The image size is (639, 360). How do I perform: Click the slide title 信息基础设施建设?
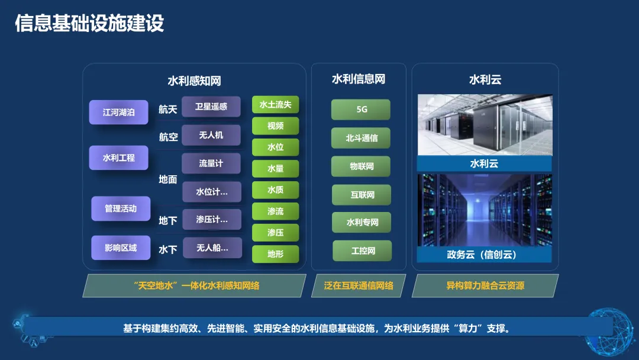click(x=89, y=24)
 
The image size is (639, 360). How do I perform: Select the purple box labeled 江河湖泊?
click(x=118, y=112)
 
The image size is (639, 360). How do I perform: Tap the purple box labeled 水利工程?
click(x=118, y=158)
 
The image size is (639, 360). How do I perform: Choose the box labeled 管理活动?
click(x=120, y=208)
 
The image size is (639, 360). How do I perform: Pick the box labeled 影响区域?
click(x=120, y=247)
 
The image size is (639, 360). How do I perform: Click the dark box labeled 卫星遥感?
click(x=211, y=107)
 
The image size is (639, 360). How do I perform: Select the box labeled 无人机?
click(x=211, y=135)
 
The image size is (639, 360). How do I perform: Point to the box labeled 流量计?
click(x=211, y=163)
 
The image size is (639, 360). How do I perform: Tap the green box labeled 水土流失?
click(x=275, y=105)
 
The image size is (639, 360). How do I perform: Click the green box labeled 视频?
click(x=275, y=126)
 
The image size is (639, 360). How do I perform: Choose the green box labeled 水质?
click(x=275, y=190)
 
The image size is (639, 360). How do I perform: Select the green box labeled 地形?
click(x=275, y=254)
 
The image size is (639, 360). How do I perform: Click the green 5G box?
click(x=361, y=110)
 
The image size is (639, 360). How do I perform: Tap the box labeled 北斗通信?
click(x=361, y=138)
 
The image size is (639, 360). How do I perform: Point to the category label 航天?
click(x=168, y=109)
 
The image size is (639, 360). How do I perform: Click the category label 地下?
click(x=168, y=220)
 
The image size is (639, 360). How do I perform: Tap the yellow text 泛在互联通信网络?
click(x=359, y=285)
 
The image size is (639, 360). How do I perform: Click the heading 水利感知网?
click(x=194, y=81)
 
